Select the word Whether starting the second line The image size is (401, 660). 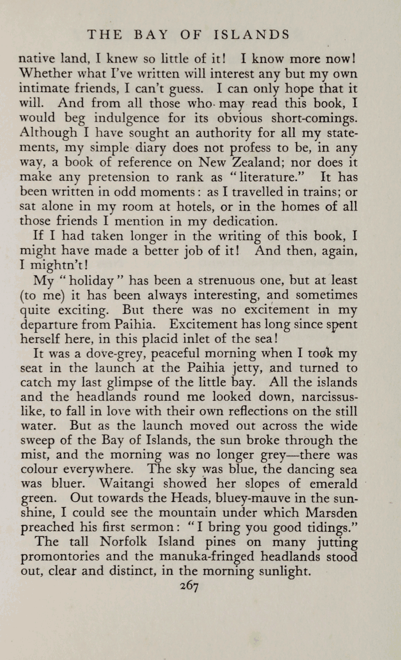point(44,74)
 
